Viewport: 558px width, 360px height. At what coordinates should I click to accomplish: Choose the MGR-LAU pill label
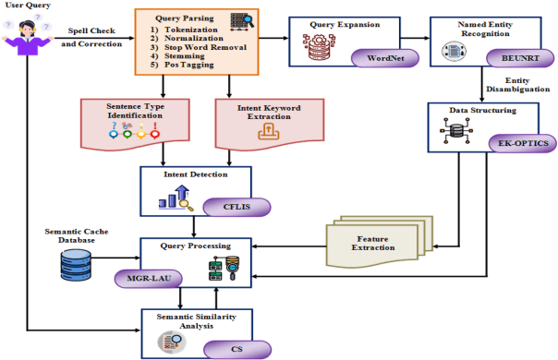click(144, 276)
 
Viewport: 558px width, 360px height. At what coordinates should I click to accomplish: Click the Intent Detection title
click(194, 173)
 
